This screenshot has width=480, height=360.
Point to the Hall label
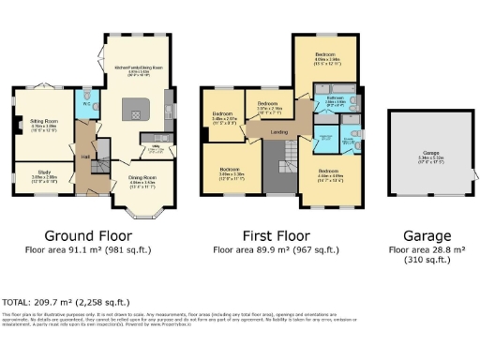click(x=84, y=156)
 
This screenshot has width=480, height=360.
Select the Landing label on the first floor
click(x=279, y=131)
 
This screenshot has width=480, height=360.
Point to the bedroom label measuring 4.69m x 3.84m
click(x=325, y=57)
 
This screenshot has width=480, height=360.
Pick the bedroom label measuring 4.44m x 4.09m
click(x=328, y=172)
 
